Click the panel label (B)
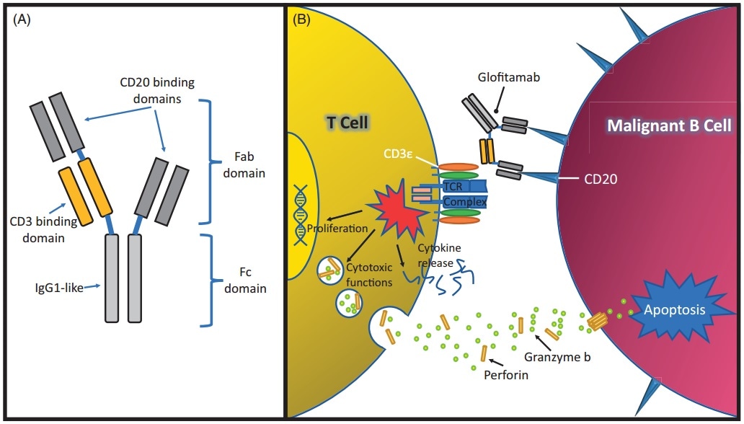coord(301,19)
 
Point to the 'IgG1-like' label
coord(60,288)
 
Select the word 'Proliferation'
coord(338,229)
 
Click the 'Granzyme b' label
coord(561,355)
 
